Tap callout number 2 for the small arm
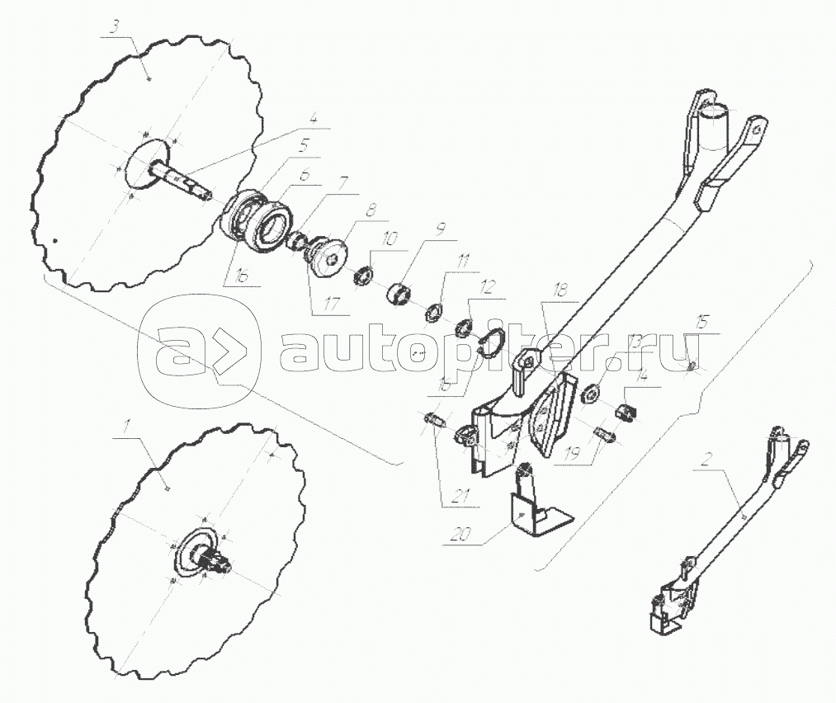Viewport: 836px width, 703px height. coord(706,459)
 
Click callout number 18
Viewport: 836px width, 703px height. coord(561,290)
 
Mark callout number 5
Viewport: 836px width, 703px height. coord(304,142)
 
